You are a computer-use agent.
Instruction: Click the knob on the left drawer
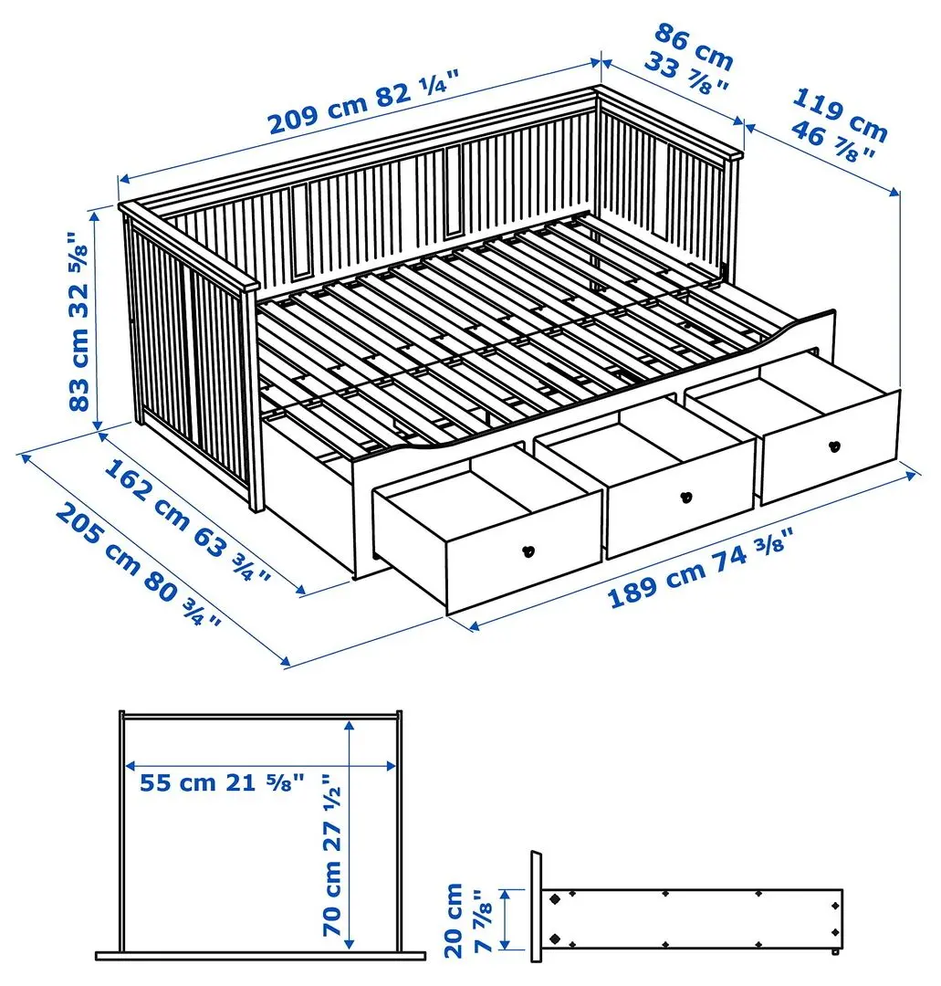527,551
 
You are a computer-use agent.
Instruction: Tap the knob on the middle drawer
685,498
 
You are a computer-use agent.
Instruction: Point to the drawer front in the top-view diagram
260,956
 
